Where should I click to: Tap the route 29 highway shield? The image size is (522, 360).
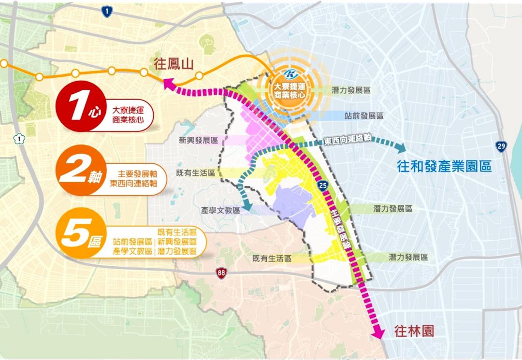pos(501,146)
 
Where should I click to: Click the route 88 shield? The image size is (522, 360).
pos(221,273)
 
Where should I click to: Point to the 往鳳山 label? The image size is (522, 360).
pos(174,64)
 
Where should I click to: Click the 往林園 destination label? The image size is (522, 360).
pos(414,331)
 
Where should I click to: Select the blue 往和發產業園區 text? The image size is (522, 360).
pos(444,167)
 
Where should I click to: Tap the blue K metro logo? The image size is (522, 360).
pos(290,75)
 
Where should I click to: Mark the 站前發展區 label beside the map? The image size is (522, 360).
pos(364,116)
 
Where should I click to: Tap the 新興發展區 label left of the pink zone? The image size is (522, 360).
pos(198,140)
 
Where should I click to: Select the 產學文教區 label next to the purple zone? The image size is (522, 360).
pos(220,210)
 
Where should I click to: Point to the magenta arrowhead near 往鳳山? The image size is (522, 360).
pos(170,85)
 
